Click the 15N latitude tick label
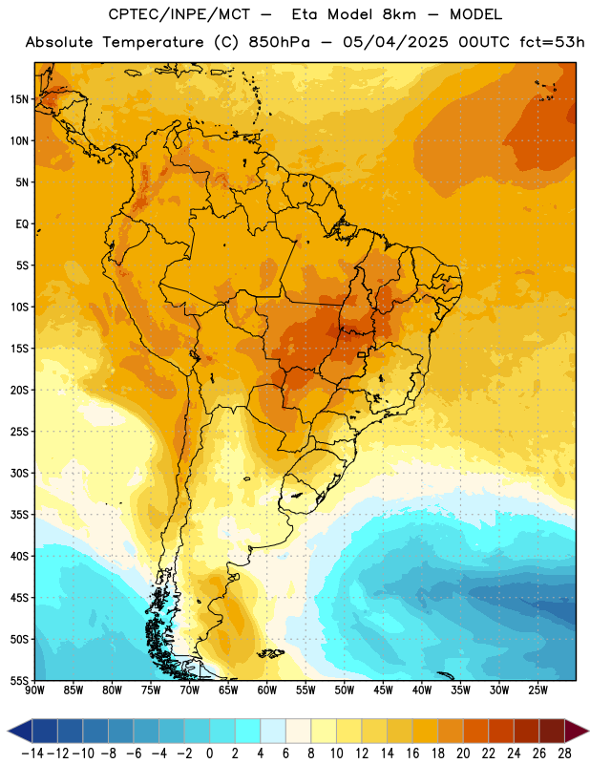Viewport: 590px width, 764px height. pos(19,99)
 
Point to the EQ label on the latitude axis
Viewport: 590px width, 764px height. pos(22,224)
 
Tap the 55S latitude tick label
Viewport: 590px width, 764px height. pos(19,681)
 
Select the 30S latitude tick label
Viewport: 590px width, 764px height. pos(19,473)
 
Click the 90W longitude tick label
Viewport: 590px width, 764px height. pos(34,690)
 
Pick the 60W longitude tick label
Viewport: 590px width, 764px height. pos(267,690)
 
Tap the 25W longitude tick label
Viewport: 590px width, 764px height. pos(537,690)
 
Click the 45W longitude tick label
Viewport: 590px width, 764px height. pos(383,690)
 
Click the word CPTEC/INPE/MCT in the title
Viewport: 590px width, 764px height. pos(179,14)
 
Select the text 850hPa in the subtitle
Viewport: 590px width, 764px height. pos(279,42)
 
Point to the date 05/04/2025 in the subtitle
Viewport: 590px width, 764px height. pos(395,42)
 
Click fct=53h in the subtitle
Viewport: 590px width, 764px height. pos(552,42)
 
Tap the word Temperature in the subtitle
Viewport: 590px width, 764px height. pos(153,42)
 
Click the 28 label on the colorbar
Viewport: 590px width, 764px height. pos(564,753)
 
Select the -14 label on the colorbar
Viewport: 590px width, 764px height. pos(32,753)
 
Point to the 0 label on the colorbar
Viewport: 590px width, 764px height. pos(210,753)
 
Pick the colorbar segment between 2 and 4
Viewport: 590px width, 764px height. pos(248,731)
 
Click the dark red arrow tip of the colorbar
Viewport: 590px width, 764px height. pos(577,731)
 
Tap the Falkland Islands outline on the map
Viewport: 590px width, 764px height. pos(270,653)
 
